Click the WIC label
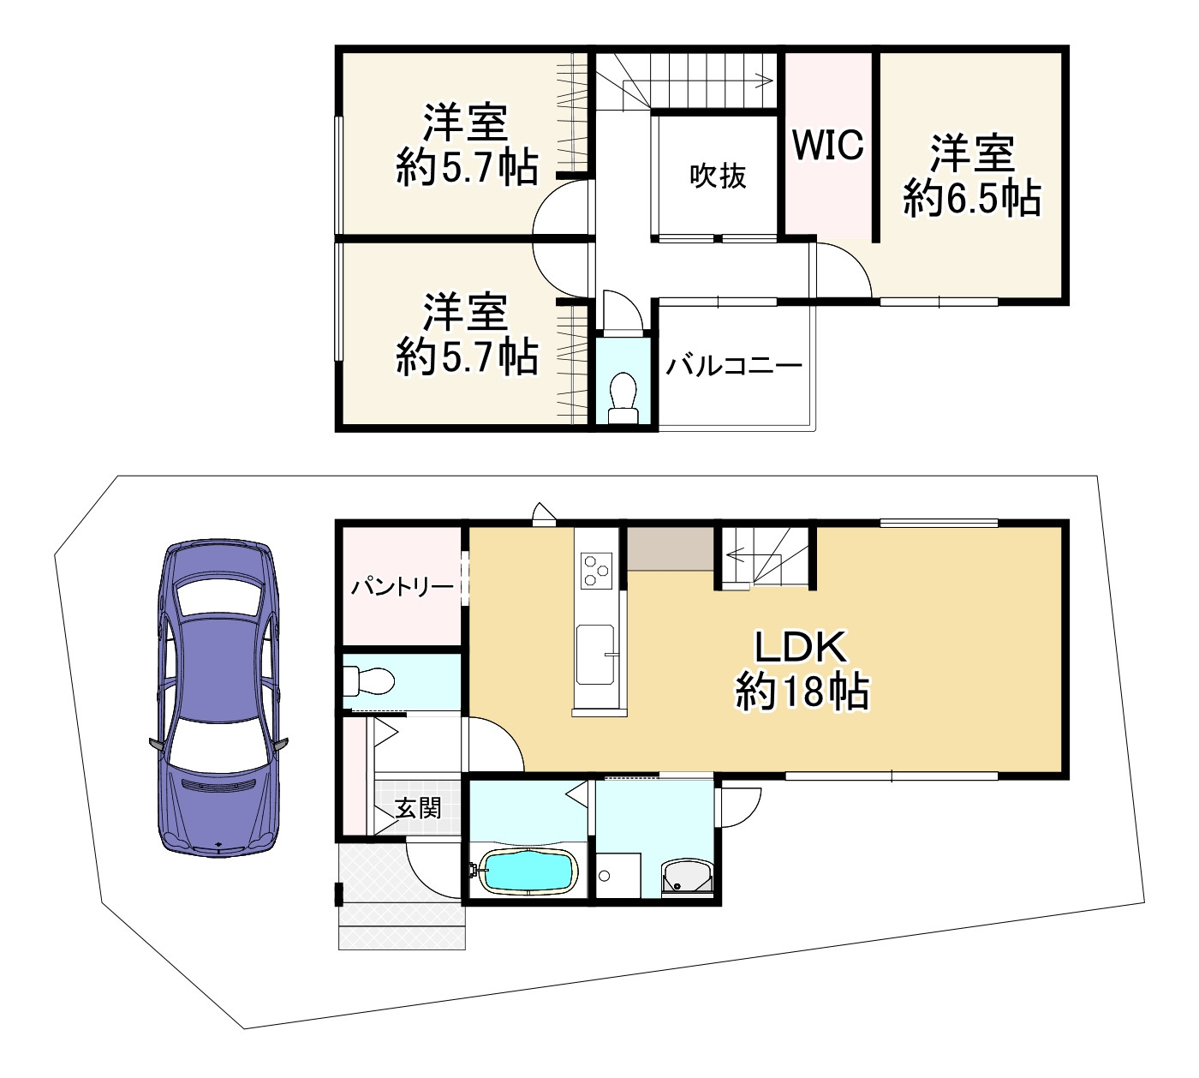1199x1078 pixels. click(827, 145)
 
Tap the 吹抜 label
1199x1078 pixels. click(718, 176)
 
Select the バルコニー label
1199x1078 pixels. click(735, 366)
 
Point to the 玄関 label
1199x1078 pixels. click(418, 807)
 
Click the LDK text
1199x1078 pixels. click(801, 648)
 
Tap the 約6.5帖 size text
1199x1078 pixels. click(972, 199)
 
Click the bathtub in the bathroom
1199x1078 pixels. click(527, 872)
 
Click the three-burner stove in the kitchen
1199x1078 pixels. click(596, 570)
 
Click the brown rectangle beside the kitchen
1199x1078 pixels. click(671, 548)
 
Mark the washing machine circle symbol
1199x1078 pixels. click(605, 875)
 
